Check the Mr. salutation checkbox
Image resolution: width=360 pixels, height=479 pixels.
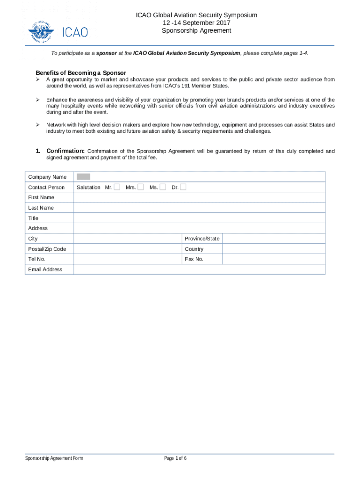(x=117, y=187)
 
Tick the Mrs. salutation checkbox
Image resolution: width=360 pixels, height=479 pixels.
(x=141, y=187)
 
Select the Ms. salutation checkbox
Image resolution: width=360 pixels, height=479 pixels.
(x=163, y=187)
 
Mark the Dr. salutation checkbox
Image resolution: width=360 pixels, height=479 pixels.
(x=183, y=187)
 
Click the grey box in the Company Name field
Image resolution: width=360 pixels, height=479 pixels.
(x=83, y=177)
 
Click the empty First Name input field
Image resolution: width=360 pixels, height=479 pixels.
(x=199, y=197)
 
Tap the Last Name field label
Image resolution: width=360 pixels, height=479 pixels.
(x=41, y=208)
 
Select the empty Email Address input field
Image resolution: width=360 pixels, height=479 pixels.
(x=199, y=269)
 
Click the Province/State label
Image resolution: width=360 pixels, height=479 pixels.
(x=202, y=239)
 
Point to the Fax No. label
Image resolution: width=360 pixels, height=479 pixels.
(x=194, y=259)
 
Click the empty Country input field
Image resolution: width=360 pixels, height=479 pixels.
(x=274, y=249)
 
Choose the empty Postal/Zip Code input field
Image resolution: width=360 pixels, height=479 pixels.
(x=128, y=249)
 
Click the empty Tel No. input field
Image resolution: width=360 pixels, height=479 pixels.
(x=128, y=259)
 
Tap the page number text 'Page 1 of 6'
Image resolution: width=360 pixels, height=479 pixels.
(x=175, y=458)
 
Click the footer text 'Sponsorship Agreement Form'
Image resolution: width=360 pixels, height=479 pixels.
(x=54, y=458)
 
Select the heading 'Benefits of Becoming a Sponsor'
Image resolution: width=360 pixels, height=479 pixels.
(x=81, y=73)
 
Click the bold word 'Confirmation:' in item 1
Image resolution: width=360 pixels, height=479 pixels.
(x=65, y=151)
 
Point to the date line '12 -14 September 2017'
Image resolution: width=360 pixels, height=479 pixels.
(x=196, y=23)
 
